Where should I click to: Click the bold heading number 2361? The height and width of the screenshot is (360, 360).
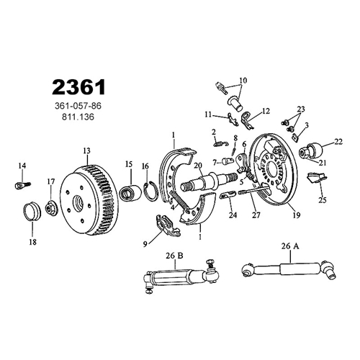78,87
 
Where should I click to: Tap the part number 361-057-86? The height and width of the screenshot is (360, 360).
78,106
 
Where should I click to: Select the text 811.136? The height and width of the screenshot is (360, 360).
78,117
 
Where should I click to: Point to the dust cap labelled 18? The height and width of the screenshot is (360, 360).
32,211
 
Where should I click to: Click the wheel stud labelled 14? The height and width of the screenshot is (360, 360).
23,186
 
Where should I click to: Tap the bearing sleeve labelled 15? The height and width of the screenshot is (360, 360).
130,192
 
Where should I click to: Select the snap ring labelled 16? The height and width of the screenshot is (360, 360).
151,191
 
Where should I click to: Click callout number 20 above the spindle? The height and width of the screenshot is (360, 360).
198,166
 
